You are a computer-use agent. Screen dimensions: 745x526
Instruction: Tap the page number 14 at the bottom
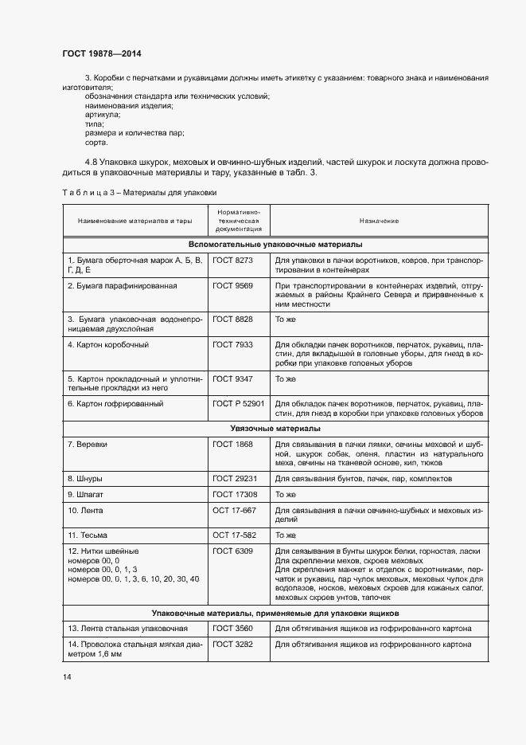(x=67, y=677)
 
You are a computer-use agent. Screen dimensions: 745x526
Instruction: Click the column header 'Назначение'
(x=378, y=220)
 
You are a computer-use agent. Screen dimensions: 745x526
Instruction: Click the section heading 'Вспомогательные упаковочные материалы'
(x=275, y=245)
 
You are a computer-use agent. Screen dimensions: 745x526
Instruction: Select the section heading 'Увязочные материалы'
(x=275, y=429)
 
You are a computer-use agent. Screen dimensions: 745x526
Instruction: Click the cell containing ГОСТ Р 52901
(x=238, y=404)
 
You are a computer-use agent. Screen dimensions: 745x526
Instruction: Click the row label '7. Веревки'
(x=88, y=444)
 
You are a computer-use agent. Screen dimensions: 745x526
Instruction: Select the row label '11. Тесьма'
(x=88, y=535)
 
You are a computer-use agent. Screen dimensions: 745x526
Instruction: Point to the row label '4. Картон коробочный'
(x=108, y=344)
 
